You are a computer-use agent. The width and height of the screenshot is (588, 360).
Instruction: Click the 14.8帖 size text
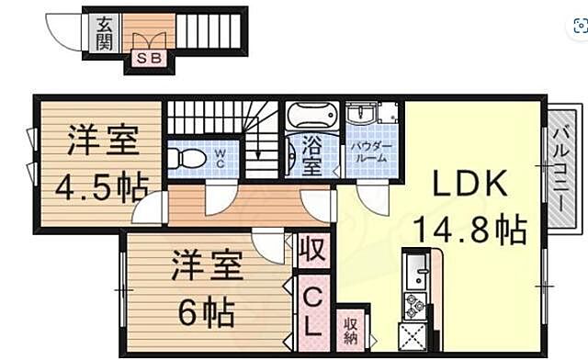click(469, 227)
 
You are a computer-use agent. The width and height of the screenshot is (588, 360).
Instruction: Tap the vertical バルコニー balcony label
click(560, 165)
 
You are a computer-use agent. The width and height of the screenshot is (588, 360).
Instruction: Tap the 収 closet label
click(312, 250)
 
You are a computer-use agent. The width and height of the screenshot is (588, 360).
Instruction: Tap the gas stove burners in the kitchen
click(414, 304)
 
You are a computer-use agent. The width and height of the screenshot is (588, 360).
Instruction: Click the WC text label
click(220, 158)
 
